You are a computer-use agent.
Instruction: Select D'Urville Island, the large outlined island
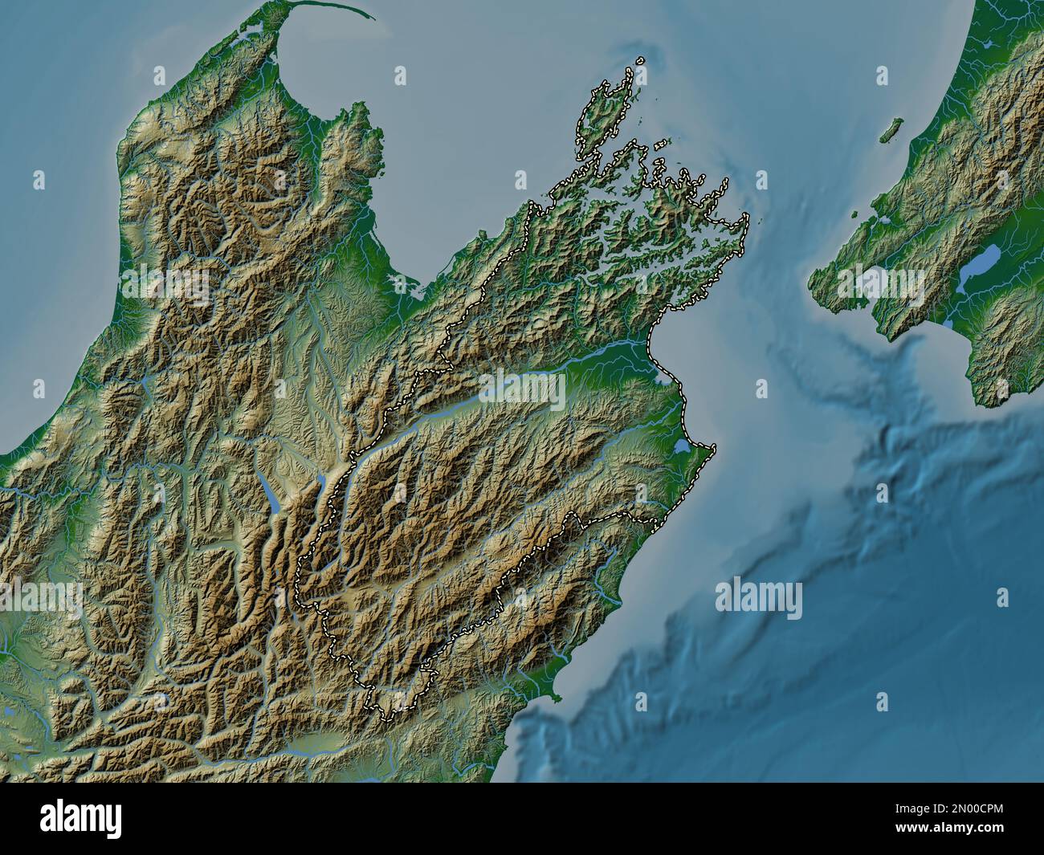click(x=598, y=116)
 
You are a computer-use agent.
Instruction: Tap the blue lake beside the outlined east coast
click(x=683, y=445)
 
